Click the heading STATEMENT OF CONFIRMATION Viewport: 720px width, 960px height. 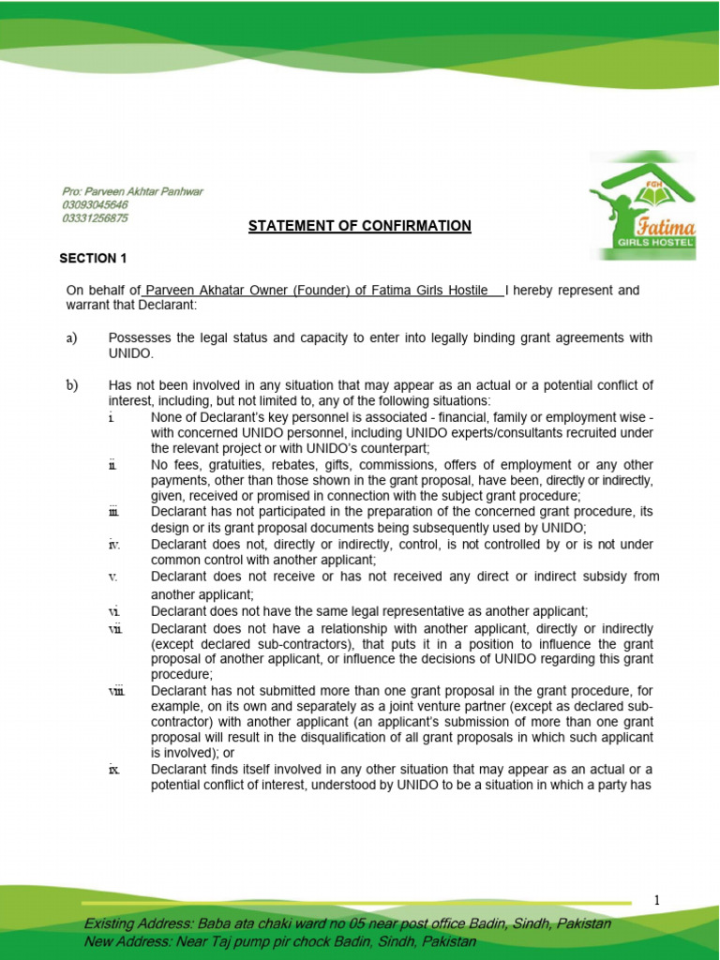(359, 226)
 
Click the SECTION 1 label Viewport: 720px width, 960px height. (93, 258)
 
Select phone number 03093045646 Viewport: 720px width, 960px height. (95, 204)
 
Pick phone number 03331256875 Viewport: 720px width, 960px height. (95, 217)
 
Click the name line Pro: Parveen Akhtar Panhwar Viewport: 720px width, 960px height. (132, 191)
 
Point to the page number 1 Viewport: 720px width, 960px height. (657, 900)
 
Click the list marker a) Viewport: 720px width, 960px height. (71, 337)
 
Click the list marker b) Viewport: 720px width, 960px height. (72, 385)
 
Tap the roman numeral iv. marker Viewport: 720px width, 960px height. (113, 544)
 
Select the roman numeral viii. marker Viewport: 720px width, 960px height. (116, 692)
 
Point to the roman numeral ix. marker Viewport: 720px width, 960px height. (113, 770)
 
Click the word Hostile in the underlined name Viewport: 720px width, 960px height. (473, 291)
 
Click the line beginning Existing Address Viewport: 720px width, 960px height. (347, 924)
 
